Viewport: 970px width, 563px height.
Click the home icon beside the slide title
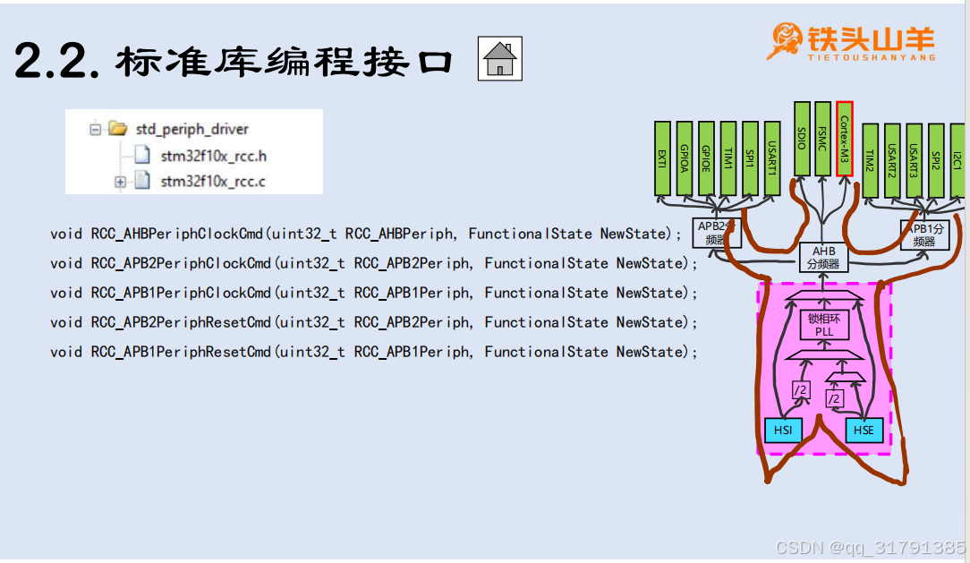[x=499, y=59]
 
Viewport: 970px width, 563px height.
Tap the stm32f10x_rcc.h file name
[x=213, y=156]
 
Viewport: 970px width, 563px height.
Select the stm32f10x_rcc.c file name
[x=213, y=183]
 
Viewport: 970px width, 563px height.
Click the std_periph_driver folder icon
[x=117, y=129]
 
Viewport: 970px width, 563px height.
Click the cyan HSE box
[x=864, y=431]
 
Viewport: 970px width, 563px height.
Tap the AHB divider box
[x=822, y=258]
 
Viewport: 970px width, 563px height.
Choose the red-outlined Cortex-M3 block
[x=844, y=139]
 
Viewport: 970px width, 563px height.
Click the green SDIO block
[x=802, y=139]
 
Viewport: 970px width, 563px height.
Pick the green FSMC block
[x=822, y=139]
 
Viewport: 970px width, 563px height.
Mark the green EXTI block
[x=662, y=158]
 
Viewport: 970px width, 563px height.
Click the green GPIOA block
[x=685, y=158]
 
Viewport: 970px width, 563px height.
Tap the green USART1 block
[x=771, y=158]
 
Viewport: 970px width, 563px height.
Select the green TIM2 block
[x=870, y=160]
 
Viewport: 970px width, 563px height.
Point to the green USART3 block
[x=914, y=160]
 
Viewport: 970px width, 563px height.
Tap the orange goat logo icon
[x=785, y=41]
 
